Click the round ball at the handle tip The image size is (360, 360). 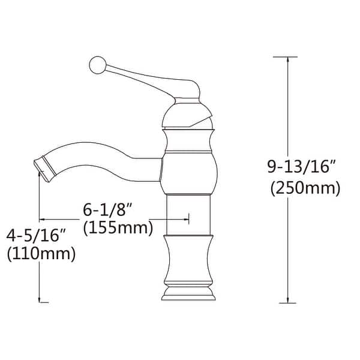pos(98,65)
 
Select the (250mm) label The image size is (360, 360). pos(305,188)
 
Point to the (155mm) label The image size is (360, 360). pos(118,228)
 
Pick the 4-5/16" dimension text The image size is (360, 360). pos(36,235)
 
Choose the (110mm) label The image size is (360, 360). pos(41,254)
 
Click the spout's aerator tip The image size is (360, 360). pos(45,169)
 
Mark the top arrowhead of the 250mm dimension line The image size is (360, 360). pos(287,59)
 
